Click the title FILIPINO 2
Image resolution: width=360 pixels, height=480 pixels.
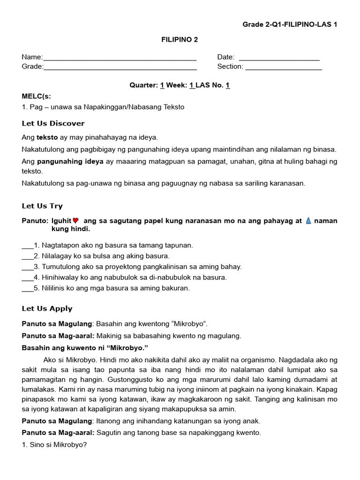(x=180, y=40)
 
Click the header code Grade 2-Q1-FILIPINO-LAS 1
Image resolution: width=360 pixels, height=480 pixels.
(x=290, y=24)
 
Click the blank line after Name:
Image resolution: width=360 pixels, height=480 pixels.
(x=120, y=58)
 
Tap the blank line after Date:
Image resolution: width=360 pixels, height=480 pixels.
(x=279, y=58)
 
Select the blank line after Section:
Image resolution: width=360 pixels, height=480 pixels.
(x=283, y=67)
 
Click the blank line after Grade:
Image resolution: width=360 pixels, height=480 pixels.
(x=120, y=67)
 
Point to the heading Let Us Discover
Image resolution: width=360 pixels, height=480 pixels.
(x=53, y=123)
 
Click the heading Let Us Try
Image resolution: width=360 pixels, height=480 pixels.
(x=42, y=206)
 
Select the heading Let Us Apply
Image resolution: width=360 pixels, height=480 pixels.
(x=47, y=308)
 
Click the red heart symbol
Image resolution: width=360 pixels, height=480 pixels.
(x=75, y=221)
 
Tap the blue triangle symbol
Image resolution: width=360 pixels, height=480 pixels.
(x=308, y=221)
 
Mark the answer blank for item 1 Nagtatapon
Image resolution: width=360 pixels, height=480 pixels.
(x=27, y=246)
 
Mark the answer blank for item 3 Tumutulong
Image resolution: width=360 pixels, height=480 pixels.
(x=27, y=267)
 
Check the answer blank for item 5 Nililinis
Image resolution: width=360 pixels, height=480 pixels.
(x=27, y=289)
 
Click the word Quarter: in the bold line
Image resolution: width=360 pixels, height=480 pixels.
(x=143, y=85)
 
